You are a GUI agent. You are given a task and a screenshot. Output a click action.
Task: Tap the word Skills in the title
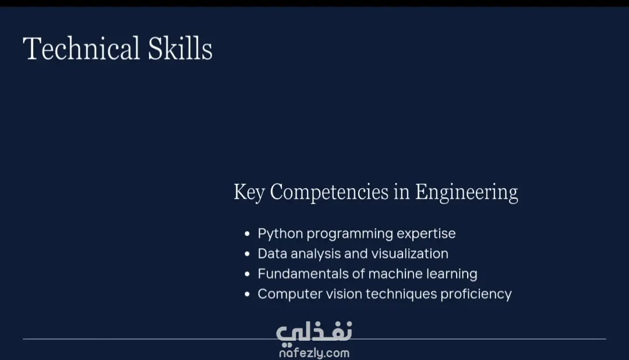point(180,48)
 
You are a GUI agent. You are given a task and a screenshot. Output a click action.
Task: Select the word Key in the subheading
point(249,192)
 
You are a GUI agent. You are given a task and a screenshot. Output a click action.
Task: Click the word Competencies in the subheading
point(329,192)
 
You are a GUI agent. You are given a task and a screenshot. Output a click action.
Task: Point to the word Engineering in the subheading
point(467,192)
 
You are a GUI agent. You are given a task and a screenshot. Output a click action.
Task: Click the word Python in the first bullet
point(280,234)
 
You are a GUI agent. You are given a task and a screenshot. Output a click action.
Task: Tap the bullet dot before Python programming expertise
point(247,234)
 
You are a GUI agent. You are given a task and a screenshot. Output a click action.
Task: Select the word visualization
point(409,253)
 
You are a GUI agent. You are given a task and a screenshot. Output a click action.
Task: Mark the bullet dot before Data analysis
point(247,253)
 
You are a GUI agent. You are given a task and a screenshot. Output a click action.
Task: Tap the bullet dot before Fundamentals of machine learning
point(247,274)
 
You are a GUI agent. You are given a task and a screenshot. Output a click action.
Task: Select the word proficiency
point(476,294)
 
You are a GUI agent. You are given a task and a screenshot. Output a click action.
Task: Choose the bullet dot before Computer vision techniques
point(247,294)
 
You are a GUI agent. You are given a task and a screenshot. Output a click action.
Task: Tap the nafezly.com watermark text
point(314,353)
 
